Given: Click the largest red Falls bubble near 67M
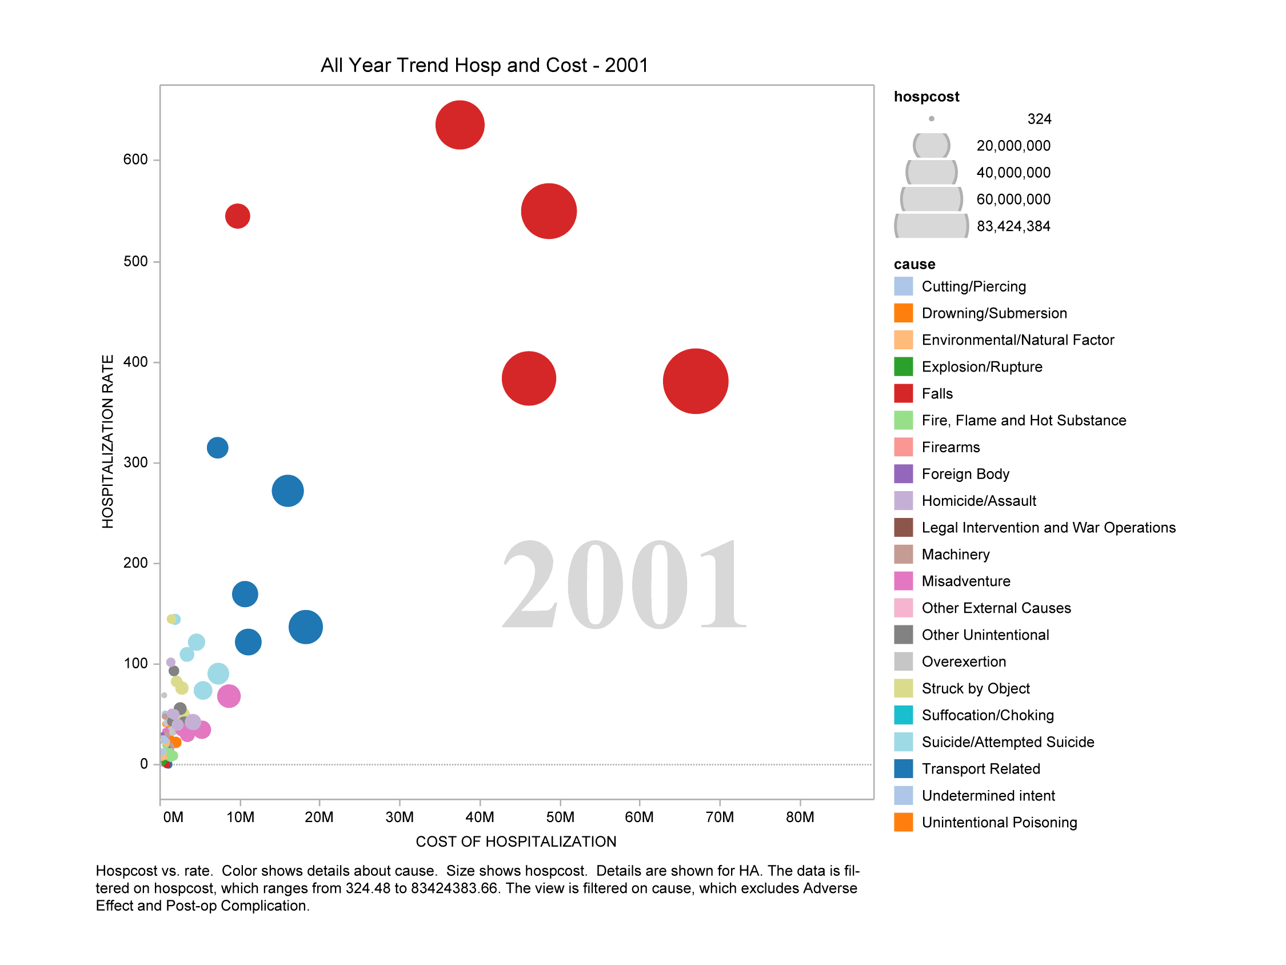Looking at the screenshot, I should (x=696, y=381).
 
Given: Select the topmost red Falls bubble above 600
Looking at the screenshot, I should (x=460, y=125).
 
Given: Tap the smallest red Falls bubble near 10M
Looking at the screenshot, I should (x=238, y=216).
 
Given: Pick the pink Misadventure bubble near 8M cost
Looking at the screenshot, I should (x=229, y=696).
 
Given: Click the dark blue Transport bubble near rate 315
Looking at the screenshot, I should (x=217, y=447).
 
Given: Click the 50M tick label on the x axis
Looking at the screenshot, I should (x=560, y=817).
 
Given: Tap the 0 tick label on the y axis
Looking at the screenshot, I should (x=143, y=764).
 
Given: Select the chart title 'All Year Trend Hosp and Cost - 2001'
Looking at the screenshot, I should (x=484, y=65).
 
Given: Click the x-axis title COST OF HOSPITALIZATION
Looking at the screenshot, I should (x=516, y=841).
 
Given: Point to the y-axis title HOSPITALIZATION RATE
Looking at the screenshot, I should (x=107, y=441).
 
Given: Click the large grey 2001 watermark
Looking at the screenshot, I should (x=623, y=585).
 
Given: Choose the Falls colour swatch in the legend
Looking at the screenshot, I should (x=904, y=393).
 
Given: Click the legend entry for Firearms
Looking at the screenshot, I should (x=950, y=446).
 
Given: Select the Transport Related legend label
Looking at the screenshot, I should (x=981, y=768).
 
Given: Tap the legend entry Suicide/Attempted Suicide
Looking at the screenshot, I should (x=1008, y=741).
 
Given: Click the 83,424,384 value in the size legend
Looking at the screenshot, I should (x=1013, y=226).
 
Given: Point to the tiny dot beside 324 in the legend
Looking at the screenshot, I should (x=932, y=119).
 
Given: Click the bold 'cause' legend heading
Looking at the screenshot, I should (x=914, y=264).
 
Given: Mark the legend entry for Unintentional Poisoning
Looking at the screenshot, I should (x=1000, y=822).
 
